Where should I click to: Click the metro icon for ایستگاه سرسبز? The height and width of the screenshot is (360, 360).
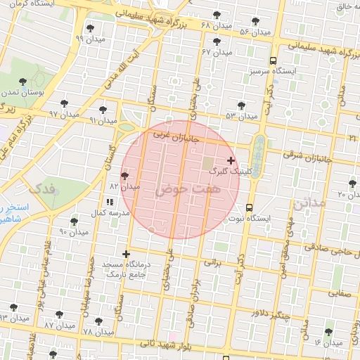[273, 60]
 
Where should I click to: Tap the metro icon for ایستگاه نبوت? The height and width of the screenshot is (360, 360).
[250, 207]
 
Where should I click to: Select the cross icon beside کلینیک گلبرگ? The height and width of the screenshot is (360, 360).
[231, 160]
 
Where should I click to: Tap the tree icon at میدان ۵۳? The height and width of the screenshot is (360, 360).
[241, 105]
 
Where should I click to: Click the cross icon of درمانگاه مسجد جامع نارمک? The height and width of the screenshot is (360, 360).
[126, 254]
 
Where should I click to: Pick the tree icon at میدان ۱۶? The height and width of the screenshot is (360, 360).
[329, 332]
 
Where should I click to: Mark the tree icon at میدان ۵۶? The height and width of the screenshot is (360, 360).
[255, 22]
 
